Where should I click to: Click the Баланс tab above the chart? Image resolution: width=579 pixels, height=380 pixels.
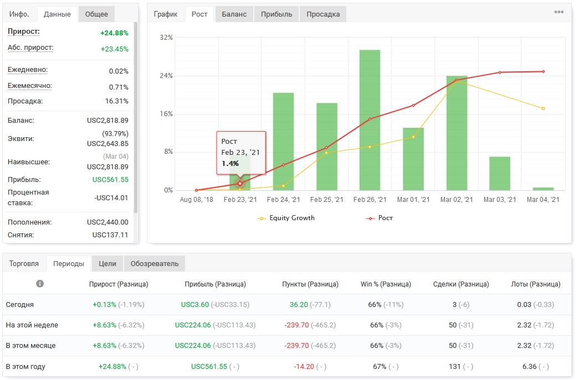click(234, 14)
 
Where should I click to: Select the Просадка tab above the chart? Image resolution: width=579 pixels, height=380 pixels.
click(323, 14)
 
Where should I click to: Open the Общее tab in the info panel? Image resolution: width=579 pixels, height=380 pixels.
click(96, 14)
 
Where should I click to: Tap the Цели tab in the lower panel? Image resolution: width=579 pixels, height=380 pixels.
click(107, 263)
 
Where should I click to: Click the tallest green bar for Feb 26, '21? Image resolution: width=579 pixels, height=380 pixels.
click(370, 120)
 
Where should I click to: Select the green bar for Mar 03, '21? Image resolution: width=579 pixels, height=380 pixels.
click(500, 173)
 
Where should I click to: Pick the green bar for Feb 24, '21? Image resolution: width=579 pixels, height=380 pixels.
click(284, 142)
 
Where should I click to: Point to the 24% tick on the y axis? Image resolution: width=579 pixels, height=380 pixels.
click(166, 76)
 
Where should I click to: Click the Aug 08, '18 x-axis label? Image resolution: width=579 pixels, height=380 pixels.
click(197, 199)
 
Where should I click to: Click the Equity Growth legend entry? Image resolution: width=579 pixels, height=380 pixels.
click(286, 218)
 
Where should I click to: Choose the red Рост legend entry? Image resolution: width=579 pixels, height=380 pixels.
click(379, 218)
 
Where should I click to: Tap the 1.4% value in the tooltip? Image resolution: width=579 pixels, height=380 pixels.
click(230, 163)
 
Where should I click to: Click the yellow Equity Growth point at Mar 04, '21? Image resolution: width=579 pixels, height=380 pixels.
click(543, 108)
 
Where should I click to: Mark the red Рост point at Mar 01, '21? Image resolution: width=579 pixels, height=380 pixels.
click(413, 106)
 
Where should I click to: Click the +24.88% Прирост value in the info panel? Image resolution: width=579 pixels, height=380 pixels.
click(115, 33)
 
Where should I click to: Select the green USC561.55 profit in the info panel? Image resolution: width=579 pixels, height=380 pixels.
click(110, 180)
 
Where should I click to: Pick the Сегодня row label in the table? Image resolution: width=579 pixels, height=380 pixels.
click(19, 304)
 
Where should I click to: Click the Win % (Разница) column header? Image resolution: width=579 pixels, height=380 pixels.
click(386, 284)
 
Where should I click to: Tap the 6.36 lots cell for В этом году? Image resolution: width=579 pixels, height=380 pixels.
click(530, 366)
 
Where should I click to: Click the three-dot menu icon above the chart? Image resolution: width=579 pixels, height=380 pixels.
click(558, 12)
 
